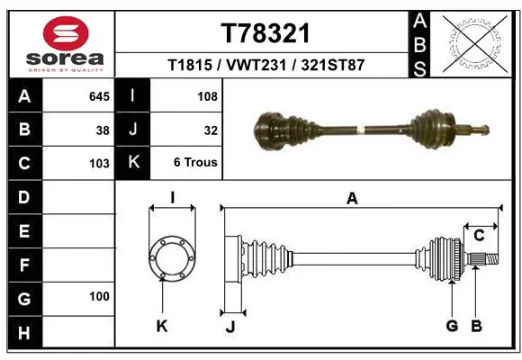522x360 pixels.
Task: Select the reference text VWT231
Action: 265,66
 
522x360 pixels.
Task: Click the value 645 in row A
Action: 99,95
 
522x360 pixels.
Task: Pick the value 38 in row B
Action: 103,130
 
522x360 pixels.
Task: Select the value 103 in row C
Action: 99,164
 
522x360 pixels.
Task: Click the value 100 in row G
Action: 99,296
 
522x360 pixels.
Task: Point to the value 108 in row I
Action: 208,95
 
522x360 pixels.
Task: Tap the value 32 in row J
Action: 211,130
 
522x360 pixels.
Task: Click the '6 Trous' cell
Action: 195,163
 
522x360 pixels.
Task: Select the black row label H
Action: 23,333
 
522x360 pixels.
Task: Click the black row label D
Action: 23,196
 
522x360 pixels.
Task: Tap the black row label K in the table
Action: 133,163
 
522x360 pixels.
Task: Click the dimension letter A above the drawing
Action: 352,199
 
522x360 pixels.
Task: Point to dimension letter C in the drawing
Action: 480,236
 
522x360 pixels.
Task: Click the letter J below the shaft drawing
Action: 229,326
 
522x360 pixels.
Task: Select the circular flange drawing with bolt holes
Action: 171,258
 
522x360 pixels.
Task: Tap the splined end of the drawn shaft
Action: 481,260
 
